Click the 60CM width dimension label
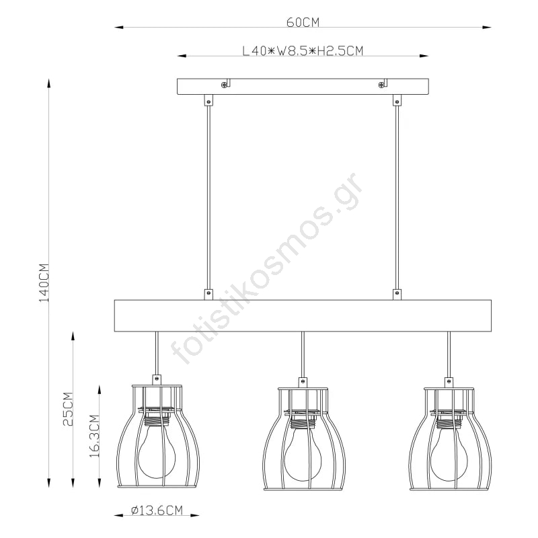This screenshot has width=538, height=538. (x=303, y=22)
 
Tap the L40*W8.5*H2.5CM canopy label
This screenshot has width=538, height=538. (x=303, y=51)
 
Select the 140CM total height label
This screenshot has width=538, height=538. (x=44, y=282)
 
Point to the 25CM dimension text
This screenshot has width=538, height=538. (x=69, y=409)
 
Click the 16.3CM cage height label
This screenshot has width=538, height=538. (x=94, y=436)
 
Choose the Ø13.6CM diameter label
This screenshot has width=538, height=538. (x=157, y=510)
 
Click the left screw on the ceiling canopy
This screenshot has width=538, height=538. (x=224, y=85)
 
